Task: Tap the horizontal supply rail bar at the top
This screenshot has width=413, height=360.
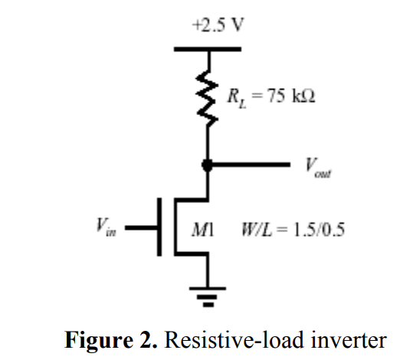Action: (207, 50)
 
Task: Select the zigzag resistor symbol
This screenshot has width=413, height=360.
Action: (207, 97)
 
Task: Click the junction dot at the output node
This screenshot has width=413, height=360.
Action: (207, 164)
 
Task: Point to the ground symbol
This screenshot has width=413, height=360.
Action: (207, 294)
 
